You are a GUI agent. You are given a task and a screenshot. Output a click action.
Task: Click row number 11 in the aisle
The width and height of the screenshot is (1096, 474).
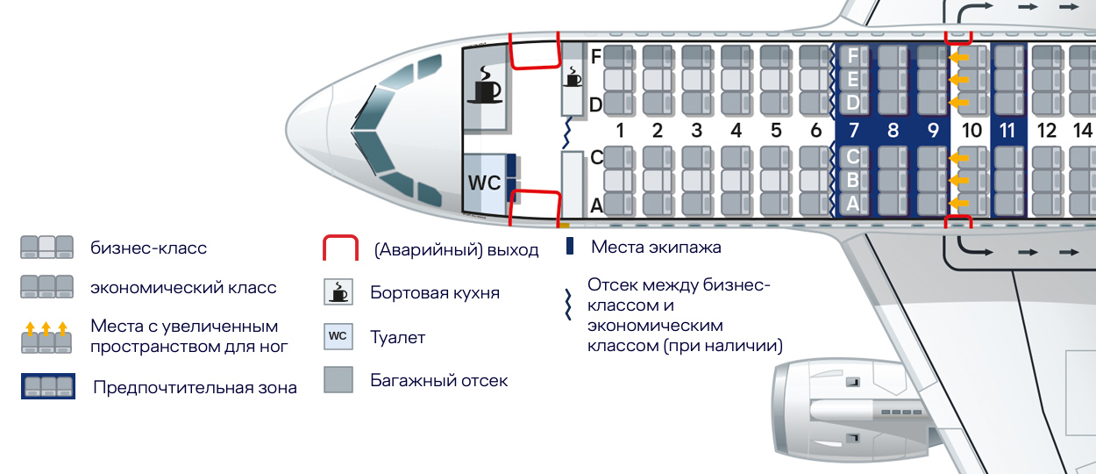click(x=1007, y=132)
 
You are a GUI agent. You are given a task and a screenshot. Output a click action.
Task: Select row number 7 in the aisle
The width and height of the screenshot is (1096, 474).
click(x=852, y=132)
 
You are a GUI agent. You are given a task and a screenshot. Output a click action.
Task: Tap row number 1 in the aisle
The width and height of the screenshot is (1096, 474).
click(x=619, y=132)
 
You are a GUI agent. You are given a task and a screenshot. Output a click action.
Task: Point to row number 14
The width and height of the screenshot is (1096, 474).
click(x=1083, y=132)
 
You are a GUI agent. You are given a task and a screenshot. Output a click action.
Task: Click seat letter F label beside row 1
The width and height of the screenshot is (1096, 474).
click(x=596, y=56)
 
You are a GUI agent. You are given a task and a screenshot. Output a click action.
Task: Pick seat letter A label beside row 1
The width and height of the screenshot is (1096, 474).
click(x=596, y=205)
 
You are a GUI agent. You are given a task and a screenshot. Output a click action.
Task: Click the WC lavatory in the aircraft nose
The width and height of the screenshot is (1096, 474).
click(x=484, y=183)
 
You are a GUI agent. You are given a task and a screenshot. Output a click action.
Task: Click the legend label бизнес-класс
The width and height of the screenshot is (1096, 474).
click(x=148, y=248)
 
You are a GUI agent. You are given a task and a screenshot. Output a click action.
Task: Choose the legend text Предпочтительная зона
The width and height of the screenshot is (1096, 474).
click(x=195, y=387)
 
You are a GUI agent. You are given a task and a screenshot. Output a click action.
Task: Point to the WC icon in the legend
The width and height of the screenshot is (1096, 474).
click(x=338, y=337)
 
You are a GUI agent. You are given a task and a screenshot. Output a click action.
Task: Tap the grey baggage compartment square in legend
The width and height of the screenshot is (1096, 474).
click(x=338, y=380)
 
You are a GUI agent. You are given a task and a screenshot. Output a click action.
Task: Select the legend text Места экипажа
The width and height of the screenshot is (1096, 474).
click(x=656, y=247)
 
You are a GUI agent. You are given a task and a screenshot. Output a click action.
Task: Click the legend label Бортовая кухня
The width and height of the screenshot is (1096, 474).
click(x=435, y=292)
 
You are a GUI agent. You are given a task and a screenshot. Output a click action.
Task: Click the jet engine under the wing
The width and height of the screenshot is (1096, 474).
click(x=842, y=408)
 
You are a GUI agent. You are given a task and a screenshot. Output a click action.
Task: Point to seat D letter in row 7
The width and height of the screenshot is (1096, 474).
click(x=852, y=103)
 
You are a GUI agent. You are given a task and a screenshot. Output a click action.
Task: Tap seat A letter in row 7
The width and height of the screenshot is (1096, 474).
click(x=852, y=205)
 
